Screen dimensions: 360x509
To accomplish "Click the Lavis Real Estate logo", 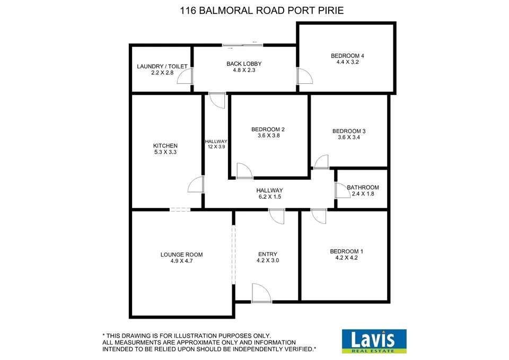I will tap(374, 341).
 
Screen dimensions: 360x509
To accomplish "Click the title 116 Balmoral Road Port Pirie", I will tap(254, 10).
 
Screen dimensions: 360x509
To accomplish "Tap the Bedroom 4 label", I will tap(347, 56).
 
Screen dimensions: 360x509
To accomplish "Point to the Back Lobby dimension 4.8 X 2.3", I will tap(244, 70).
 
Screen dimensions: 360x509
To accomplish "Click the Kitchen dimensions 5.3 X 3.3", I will tap(165, 152).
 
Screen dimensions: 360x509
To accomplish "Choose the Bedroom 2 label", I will tap(268, 129).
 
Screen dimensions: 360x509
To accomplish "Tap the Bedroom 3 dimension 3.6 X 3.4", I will tap(348, 137).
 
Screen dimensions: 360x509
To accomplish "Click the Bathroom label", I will tap(363, 188).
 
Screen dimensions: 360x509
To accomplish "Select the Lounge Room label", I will tap(181, 254).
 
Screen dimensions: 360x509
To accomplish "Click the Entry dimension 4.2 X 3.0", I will tap(267, 260).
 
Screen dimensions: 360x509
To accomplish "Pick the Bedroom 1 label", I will tap(347, 251).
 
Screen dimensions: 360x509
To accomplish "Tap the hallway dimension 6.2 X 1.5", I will tap(269, 197).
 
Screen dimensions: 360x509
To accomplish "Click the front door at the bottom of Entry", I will tap(261, 293).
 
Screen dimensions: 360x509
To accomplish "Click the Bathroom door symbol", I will tap(340, 190).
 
